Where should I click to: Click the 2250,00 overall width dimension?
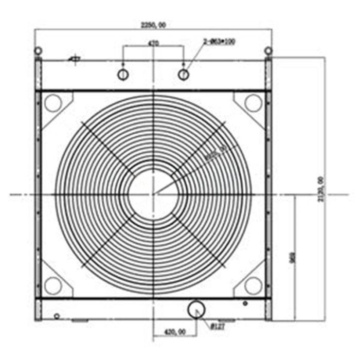tap(153, 24)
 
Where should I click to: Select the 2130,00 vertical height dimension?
tap(320, 189)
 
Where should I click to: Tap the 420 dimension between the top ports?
tap(153, 44)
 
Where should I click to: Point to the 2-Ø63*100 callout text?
tap(219, 41)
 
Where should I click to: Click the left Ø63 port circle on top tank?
tap(123, 74)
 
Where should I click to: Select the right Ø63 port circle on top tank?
tap(184, 74)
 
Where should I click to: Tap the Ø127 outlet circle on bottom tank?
tap(196, 309)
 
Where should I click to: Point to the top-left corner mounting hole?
tap(52, 103)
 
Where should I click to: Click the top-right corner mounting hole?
tap(253, 103)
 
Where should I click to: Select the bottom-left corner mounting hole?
tap(52, 284)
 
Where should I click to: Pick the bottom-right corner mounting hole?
tap(253, 284)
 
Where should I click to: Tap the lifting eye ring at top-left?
tap(38, 51)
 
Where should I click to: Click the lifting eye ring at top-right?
tap(268, 51)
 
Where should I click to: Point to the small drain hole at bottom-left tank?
tap(57, 315)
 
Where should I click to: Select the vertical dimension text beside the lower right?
tap(292, 257)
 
